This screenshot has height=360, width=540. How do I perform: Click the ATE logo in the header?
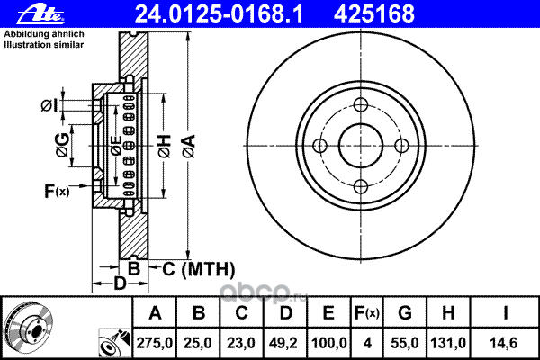(x=41, y=14)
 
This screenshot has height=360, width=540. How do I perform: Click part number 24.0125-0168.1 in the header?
(x=219, y=14)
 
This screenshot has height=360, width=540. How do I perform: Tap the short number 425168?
(x=374, y=14)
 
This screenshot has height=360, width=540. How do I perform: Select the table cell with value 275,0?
(x=154, y=343)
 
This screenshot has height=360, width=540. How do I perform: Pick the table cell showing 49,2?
(x=284, y=343)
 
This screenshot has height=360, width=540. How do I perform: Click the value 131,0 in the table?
(x=448, y=343)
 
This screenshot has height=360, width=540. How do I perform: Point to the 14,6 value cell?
(x=504, y=343)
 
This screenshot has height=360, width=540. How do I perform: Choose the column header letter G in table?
(x=405, y=313)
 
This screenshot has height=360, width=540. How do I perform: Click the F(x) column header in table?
(x=367, y=313)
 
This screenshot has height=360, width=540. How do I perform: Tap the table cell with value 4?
(x=367, y=343)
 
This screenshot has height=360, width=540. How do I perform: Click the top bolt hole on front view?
(x=361, y=104)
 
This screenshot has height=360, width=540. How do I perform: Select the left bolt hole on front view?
(x=319, y=146)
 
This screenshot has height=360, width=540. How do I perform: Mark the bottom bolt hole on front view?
(x=361, y=186)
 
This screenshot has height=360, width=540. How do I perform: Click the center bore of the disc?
(x=361, y=146)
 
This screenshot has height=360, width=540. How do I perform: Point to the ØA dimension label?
(x=189, y=147)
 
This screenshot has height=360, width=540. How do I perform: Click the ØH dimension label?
(x=165, y=147)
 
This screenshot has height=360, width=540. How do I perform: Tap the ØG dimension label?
(x=63, y=145)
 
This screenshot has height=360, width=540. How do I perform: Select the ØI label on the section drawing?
(x=49, y=105)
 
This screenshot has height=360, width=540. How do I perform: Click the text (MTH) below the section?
(x=208, y=269)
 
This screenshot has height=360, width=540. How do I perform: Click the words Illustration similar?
(x=44, y=45)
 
